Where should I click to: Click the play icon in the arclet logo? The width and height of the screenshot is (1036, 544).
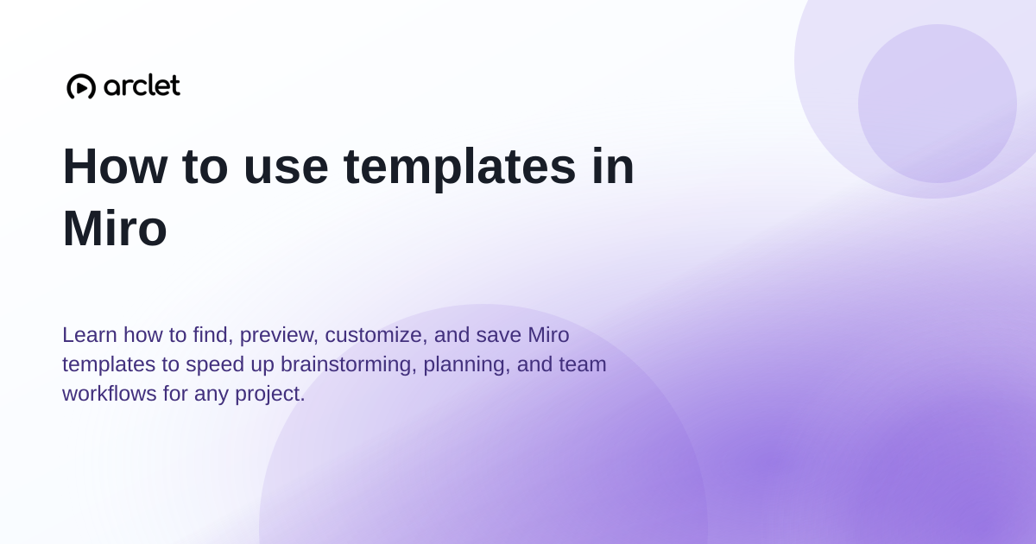(x=81, y=86)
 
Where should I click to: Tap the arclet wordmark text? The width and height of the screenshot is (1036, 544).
(x=142, y=85)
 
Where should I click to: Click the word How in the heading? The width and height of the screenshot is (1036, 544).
(x=115, y=166)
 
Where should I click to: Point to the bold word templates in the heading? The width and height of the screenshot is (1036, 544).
(x=459, y=168)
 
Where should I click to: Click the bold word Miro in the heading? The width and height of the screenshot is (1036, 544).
(x=115, y=229)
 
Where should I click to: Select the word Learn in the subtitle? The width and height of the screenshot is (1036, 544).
(x=89, y=334)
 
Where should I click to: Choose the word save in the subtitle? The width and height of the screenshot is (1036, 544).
(x=499, y=335)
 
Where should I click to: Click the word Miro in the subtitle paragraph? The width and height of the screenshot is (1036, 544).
(x=548, y=334)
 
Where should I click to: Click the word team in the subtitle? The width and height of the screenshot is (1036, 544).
(x=582, y=364)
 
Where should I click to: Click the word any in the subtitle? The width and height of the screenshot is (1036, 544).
(x=211, y=395)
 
